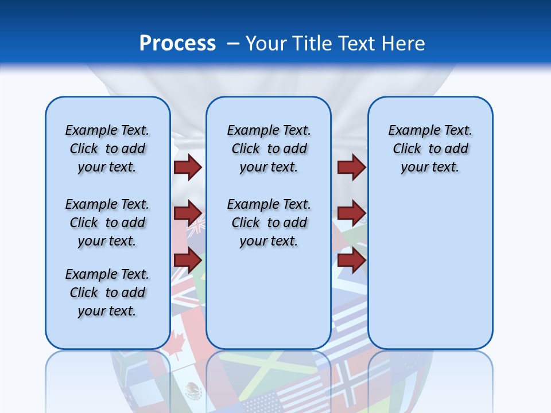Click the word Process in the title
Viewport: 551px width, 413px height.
pyautogui.click(x=177, y=43)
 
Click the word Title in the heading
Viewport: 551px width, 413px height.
pyautogui.click(x=312, y=43)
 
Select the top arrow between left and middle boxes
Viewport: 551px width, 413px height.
pyautogui.click(x=188, y=167)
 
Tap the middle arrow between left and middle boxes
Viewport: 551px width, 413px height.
pyautogui.click(x=188, y=213)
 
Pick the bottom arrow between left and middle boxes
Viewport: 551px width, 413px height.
pyautogui.click(x=188, y=260)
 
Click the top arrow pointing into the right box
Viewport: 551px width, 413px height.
pyautogui.click(x=351, y=167)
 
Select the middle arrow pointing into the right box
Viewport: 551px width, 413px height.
pyautogui.click(x=351, y=213)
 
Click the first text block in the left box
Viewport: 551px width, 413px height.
pyautogui.click(x=107, y=149)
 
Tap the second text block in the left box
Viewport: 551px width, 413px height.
pyautogui.click(x=107, y=223)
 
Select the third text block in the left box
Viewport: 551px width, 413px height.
pyautogui.click(x=107, y=293)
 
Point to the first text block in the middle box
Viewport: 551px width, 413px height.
pyautogui.click(x=269, y=149)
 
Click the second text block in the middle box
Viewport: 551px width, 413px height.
pyautogui.click(x=269, y=223)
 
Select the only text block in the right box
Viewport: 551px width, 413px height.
pyautogui.click(x=430, y=149)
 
